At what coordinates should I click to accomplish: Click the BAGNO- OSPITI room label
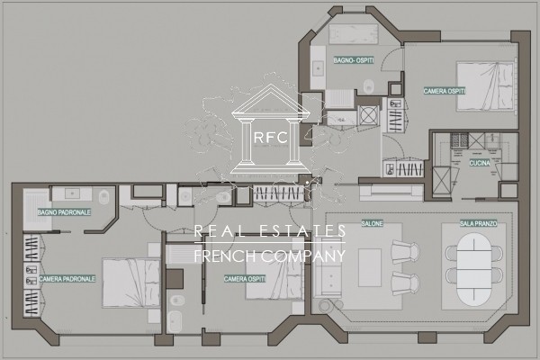pos(354,60)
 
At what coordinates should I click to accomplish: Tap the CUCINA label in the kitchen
pos(480,163)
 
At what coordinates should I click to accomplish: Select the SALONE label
pos(372,223)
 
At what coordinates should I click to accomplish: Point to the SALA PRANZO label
pos(479,223)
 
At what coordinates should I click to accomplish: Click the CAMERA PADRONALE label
pos(67,279)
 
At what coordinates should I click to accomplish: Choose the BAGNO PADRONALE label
pos(64,212)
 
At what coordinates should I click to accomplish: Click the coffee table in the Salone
pos(370,267)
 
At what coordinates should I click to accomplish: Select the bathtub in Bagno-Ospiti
pos(354,34)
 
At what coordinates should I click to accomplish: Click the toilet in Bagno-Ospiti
pos(369,86)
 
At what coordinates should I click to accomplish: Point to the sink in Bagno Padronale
pos(72,193)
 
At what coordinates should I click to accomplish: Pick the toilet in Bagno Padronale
pos(104,197)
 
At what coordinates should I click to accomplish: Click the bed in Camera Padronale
pos(131,283)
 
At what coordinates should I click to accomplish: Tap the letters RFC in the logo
pos(271,138)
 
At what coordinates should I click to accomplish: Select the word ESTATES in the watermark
pos(298,230)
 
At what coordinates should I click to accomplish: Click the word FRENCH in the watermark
pos(225,256)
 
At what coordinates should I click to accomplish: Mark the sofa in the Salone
pos(328,267)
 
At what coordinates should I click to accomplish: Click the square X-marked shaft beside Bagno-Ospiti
pos(368,115)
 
